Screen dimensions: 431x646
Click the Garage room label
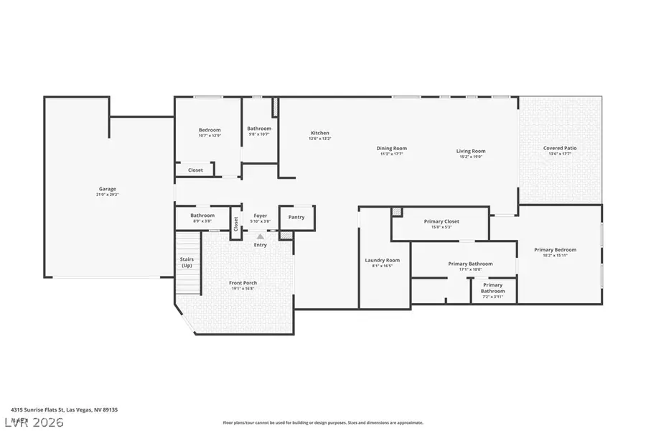click(x=107, y=189)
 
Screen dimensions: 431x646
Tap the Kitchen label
click(x=319, y=133)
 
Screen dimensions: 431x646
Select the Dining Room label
click(x=391, y=148)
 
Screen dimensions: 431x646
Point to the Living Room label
click(x=471, y=151)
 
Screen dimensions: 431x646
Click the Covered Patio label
click(x=559, y=148)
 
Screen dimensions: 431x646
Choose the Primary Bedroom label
click(x=555, y=250)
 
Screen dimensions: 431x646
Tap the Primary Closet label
click(x=441, y=221)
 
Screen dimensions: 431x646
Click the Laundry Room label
click(x=383, y=260)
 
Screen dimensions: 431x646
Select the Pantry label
click(x=296, y=217)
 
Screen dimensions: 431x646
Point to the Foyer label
click(x=260, y=215)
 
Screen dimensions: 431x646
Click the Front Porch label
click(x=243, y=283)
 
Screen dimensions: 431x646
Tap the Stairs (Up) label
click(x=186, y=263)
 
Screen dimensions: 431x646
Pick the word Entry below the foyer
click(x=260, y=245)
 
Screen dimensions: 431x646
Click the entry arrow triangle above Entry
click(x=260, y=236)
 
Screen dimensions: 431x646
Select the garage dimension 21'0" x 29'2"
click(x=107, y=195)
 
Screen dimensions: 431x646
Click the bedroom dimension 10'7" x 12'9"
click(x=210, y=135)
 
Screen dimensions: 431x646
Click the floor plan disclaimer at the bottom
click(x=323, y=423)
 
